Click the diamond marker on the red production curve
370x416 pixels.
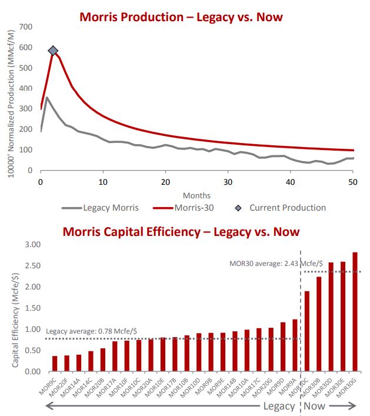[x=53, y=51]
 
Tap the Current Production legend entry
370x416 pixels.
[x=287, y=207]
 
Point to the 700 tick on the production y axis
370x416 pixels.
[x=25, y=26]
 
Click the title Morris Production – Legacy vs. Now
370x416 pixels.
[x=181, y=16]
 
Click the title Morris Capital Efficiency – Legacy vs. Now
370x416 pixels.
[x=181, y=231]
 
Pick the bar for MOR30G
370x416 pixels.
[x=355, y=312]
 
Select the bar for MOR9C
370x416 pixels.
[x=55, y=364]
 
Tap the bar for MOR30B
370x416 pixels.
[x=318, y=324]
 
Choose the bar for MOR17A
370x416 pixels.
[x=115, y=357]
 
